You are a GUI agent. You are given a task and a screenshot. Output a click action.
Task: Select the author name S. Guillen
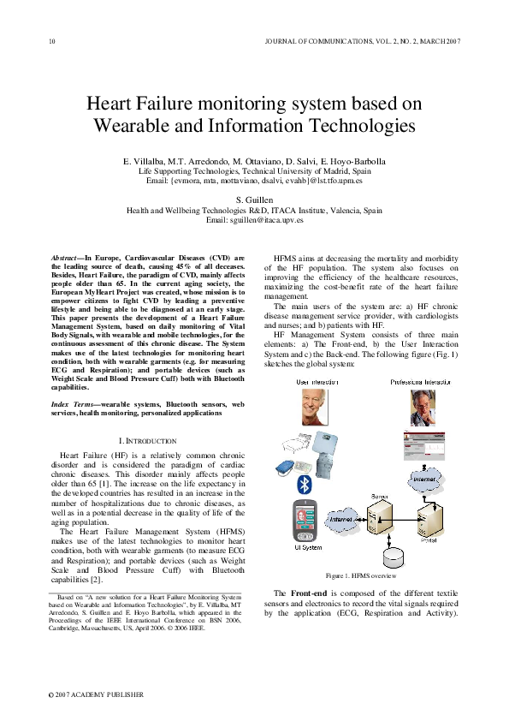[x=254, y=199]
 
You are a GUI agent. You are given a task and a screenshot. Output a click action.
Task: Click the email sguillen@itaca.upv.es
[x=254, y=219]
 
